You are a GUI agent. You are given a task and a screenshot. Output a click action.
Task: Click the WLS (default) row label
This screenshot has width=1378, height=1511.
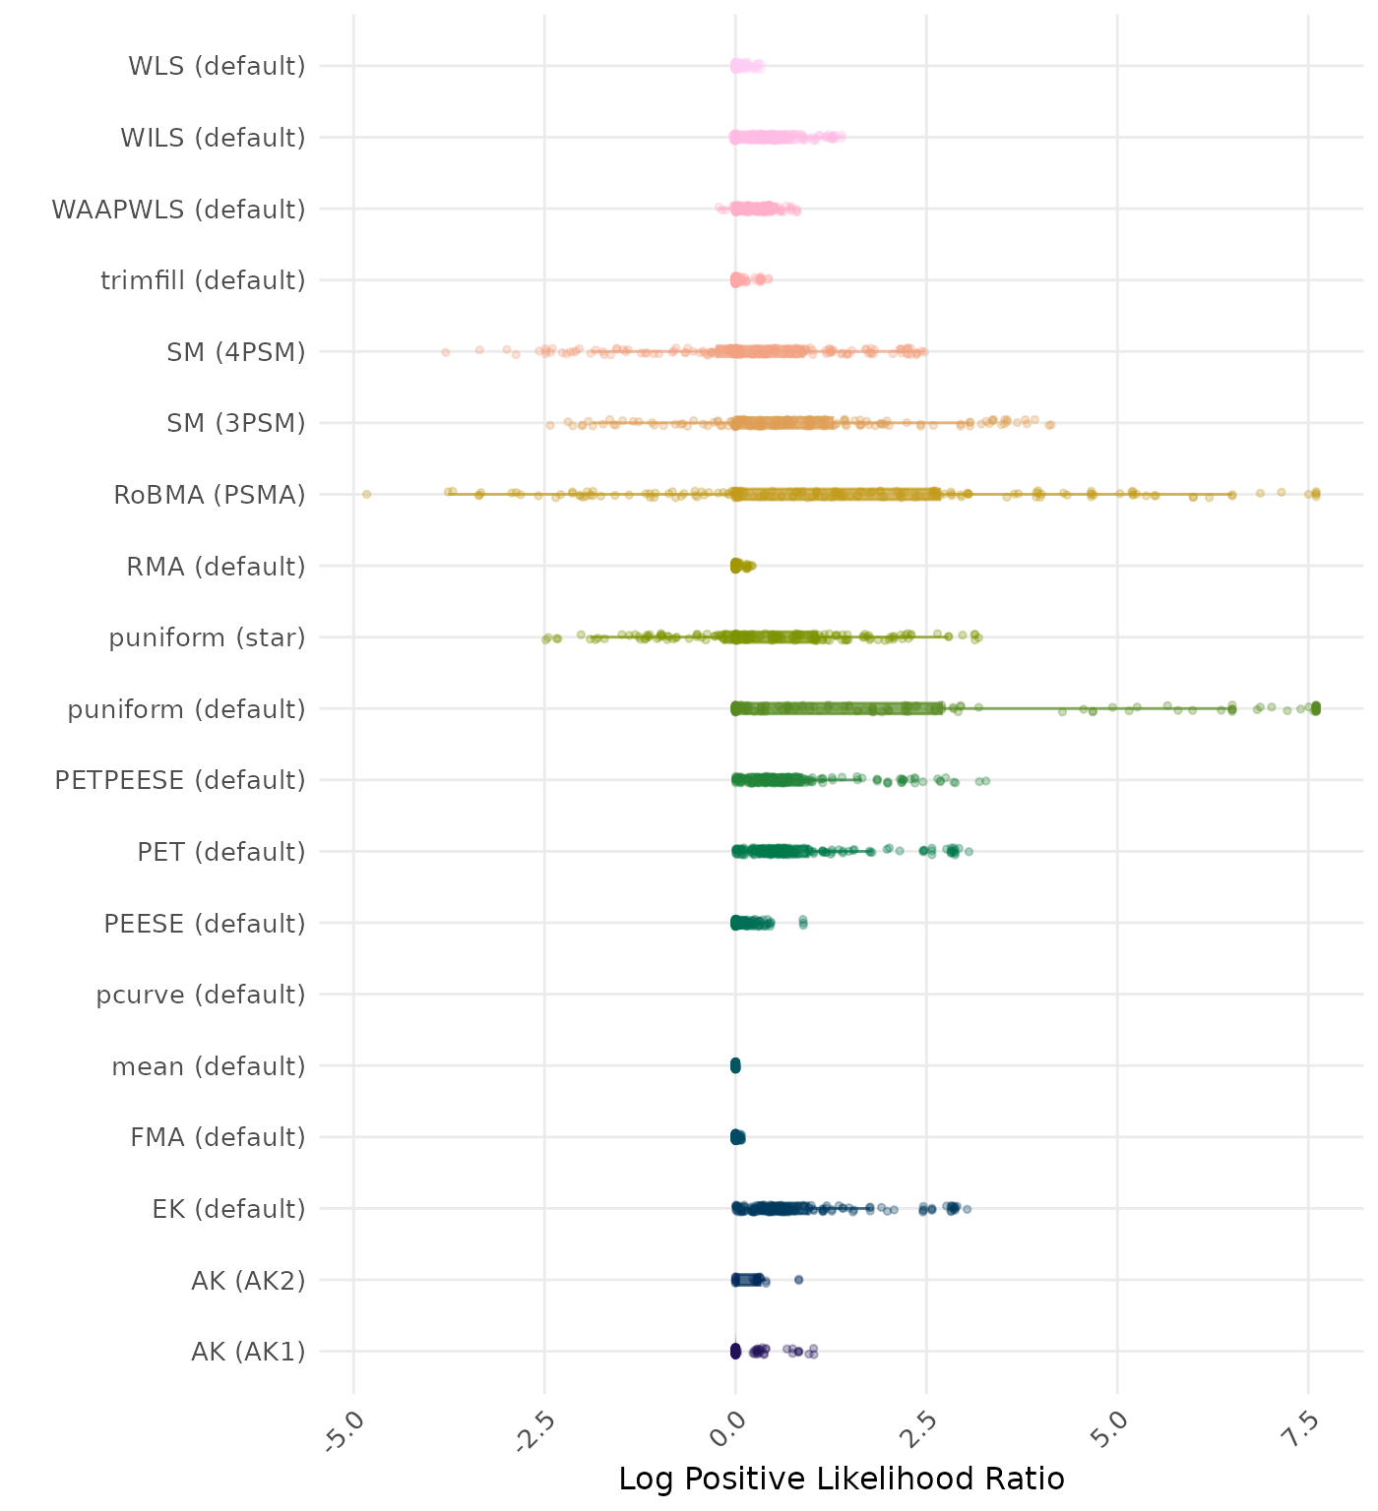click(217, 66)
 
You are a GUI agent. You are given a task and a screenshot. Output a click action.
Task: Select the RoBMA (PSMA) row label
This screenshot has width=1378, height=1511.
click(210, 495)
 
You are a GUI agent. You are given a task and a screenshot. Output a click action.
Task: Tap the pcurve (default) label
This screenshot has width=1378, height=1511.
click(201, 995)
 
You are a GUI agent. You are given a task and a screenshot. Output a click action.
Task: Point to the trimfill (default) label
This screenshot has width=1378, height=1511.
click(203, 280)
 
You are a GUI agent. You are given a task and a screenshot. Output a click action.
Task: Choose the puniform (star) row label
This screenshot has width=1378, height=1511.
click(207, 637)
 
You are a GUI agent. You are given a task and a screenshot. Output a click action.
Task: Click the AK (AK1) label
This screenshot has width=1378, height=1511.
click(248, 1352)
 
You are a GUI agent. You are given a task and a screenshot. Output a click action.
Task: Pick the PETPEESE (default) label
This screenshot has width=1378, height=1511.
click(180, 780)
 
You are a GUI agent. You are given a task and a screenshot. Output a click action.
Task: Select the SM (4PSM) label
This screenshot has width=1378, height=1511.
click(236, 351)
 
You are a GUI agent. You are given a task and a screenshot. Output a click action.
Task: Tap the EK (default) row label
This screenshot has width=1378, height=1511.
click(228, 1208)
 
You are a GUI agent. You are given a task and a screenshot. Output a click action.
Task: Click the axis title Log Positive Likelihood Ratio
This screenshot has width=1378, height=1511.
click(842, 1479)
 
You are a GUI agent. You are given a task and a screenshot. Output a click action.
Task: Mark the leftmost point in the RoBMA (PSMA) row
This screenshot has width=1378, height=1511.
click(366, 494)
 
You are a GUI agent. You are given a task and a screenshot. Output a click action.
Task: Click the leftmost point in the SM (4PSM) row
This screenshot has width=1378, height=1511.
click(445, 351)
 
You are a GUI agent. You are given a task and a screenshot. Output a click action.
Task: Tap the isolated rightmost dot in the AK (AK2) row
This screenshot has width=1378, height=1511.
click(799, 1279)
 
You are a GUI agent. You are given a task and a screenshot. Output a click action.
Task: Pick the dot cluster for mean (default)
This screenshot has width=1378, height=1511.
click(735, 1065)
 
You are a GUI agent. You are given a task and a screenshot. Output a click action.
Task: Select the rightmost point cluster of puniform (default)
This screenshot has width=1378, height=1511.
click(1316, 708)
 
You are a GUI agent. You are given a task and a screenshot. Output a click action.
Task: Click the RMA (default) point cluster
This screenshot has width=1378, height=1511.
click(739, 566)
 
